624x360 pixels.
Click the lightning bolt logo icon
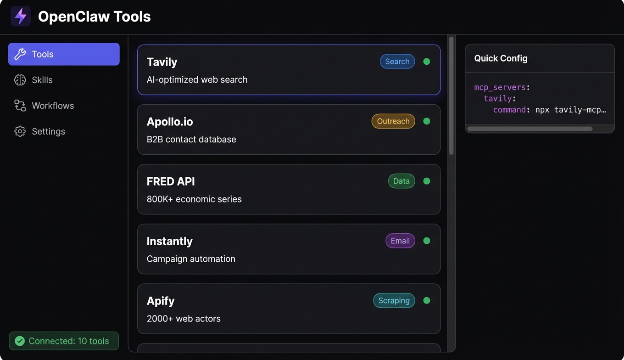tap(21, 16)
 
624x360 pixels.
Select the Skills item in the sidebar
tap(42, 80)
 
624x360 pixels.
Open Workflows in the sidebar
tap(53, 106)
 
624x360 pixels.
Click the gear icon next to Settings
tap(20, 131)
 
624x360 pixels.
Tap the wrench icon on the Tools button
tap(20, 54)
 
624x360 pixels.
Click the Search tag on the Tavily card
tap(397, 62)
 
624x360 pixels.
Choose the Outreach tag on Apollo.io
tap(393, 121)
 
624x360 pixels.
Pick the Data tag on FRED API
tap(401, 181)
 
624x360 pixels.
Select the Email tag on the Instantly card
tap(400, 241)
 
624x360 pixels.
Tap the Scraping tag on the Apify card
tap(394, 301)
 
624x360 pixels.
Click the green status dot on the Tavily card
tap(427, 62)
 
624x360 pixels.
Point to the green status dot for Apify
tap(427, 301)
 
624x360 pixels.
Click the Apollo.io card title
tap(170, 122)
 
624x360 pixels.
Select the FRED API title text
tap(171, 181)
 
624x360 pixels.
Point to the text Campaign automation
tap(191, 259)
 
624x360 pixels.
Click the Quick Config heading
tap(501, 58)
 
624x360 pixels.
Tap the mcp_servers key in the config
tap(500, 88)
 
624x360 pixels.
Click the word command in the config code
tap(509, 110)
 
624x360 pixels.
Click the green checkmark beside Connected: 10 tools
tap(20, 341)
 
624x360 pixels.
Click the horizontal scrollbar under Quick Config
tap(530, 129)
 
